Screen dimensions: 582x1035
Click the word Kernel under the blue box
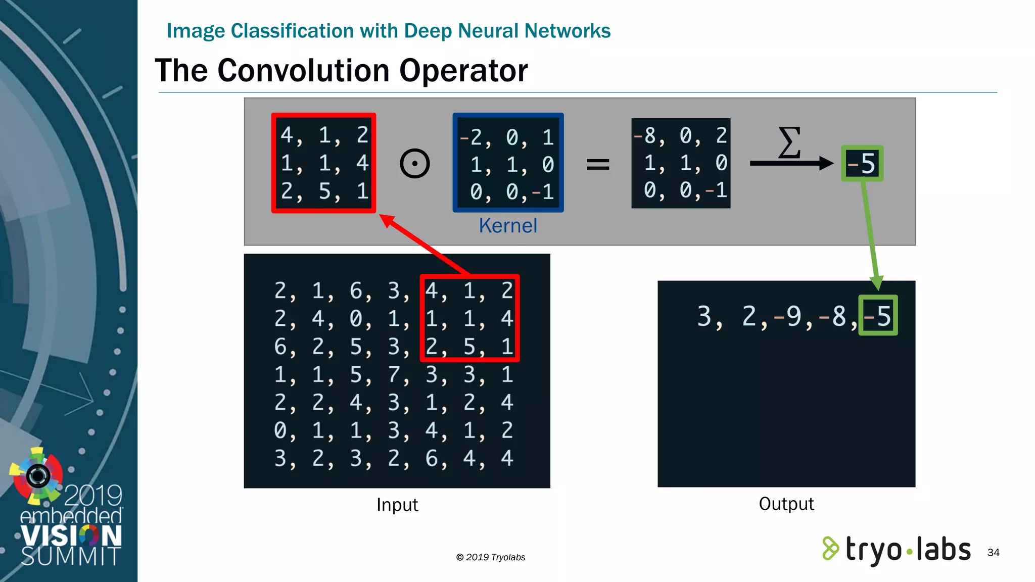click(x=508, y=226)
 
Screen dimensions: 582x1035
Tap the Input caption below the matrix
click(x=397, y=505)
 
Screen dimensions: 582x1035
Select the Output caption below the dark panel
click(x=786, y=504)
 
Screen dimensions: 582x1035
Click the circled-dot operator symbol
click(x=415, y=164)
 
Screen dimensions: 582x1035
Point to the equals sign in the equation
click(x=598, y=164)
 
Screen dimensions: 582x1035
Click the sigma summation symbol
click(x=789, y=142)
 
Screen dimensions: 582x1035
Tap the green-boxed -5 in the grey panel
click(x=862, y=164)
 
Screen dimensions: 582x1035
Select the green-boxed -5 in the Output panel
click(x=878, y=316)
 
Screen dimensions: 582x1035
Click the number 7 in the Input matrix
click(x=394, y=375)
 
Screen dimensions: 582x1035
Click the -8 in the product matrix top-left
click(x=645, y=135)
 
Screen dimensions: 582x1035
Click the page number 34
click(x=993, y=552)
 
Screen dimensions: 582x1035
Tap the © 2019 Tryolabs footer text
click(x=491, y=557)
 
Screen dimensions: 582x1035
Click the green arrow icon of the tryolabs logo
click(x=830, y=549)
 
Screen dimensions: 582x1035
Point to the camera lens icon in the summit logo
click(x=38, y=475)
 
